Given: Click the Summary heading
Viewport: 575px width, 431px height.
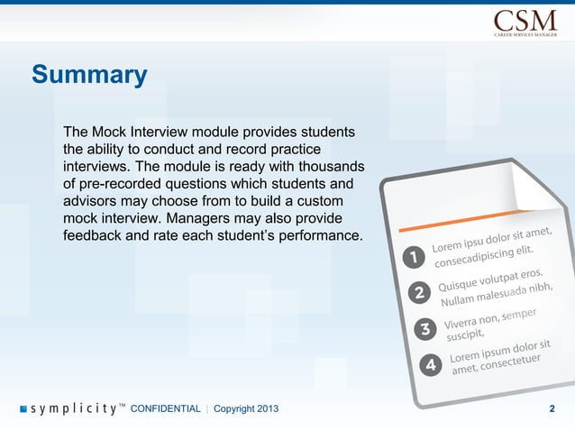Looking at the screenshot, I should tap(89, 74).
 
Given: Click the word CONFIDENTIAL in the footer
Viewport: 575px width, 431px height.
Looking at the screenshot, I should tap(165, 409).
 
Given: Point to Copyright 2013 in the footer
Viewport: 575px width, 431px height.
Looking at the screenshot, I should tap(246, 409).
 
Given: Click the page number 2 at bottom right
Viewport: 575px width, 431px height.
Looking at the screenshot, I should tap(552, 409).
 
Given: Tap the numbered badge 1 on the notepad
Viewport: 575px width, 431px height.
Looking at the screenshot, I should tap(414, 258).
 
